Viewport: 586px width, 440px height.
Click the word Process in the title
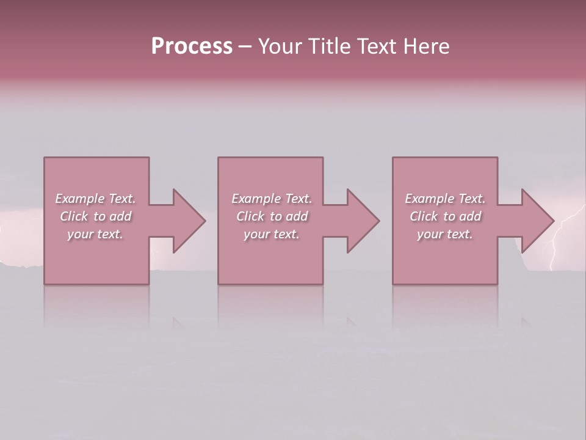coord(192,46)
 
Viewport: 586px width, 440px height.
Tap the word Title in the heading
coord(330,46)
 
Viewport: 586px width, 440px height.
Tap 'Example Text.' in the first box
coord(95,199)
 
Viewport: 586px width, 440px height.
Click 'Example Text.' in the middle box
coord(271,199)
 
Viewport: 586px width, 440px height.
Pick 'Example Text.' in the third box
coord(445,199)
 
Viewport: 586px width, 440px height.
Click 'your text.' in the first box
coord(95,234)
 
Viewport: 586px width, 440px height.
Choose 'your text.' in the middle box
coord(271,234)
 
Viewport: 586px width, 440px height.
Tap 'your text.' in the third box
coord(445,234)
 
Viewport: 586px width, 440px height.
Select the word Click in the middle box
coord(250,216)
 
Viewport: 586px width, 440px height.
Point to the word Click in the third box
coord(424,216)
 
